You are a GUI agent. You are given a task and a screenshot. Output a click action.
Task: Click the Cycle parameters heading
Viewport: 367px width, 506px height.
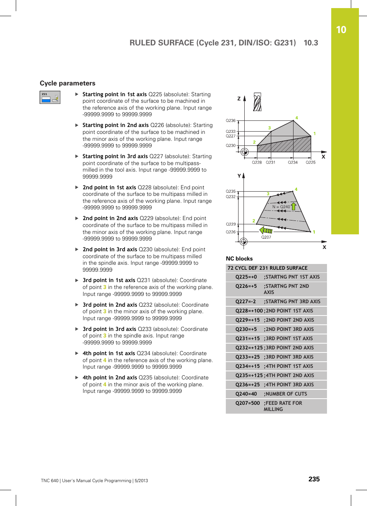[x=67, y=83]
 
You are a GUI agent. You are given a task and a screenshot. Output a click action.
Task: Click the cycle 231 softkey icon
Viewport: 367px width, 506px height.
[x=50, y=97]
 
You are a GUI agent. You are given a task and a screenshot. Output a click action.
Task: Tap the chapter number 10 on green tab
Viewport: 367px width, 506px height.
[x=341, y=30]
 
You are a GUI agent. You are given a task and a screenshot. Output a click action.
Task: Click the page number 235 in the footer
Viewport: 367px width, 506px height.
[x=314, y=479]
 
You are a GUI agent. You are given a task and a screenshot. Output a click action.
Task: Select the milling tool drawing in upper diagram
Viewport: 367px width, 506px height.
[x=257, y=102]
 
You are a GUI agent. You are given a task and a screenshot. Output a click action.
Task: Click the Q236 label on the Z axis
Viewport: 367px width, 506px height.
[x=230, y=121]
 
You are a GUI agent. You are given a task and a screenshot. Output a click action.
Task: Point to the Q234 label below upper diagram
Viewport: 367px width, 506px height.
[x=293, y=162]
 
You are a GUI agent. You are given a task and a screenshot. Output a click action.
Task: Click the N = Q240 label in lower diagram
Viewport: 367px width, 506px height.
[x=281, y=207]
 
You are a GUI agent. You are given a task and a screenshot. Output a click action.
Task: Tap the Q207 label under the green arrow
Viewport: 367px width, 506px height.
[x=266, y=237]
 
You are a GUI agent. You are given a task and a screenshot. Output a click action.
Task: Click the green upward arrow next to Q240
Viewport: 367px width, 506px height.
[x=294, y=206]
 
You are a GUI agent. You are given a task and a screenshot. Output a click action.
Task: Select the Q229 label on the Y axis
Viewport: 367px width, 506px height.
[x=231, y=224]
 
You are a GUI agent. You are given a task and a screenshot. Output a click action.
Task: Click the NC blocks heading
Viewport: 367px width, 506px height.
[x=239, y=259]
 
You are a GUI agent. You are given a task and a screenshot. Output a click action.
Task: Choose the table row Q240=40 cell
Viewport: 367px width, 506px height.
[x=246, y=394]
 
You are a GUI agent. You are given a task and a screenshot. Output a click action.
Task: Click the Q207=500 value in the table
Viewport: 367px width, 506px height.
[x=248, y=403]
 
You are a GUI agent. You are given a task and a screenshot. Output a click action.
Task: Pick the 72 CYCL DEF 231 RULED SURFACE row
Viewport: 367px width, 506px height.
[x=268, y=268]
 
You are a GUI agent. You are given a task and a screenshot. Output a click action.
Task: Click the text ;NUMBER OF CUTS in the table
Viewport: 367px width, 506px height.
[x=285, y=394]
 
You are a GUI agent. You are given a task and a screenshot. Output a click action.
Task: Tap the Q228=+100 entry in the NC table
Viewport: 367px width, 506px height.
[x=249, y=311]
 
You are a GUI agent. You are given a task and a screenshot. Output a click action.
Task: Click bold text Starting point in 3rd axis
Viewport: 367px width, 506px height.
[x=115, y=156]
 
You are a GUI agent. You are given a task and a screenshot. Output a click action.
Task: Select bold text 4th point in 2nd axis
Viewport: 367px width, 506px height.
[x=110, y=377]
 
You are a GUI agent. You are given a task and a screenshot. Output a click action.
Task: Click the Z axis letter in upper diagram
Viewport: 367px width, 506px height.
[x=239, y=99]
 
